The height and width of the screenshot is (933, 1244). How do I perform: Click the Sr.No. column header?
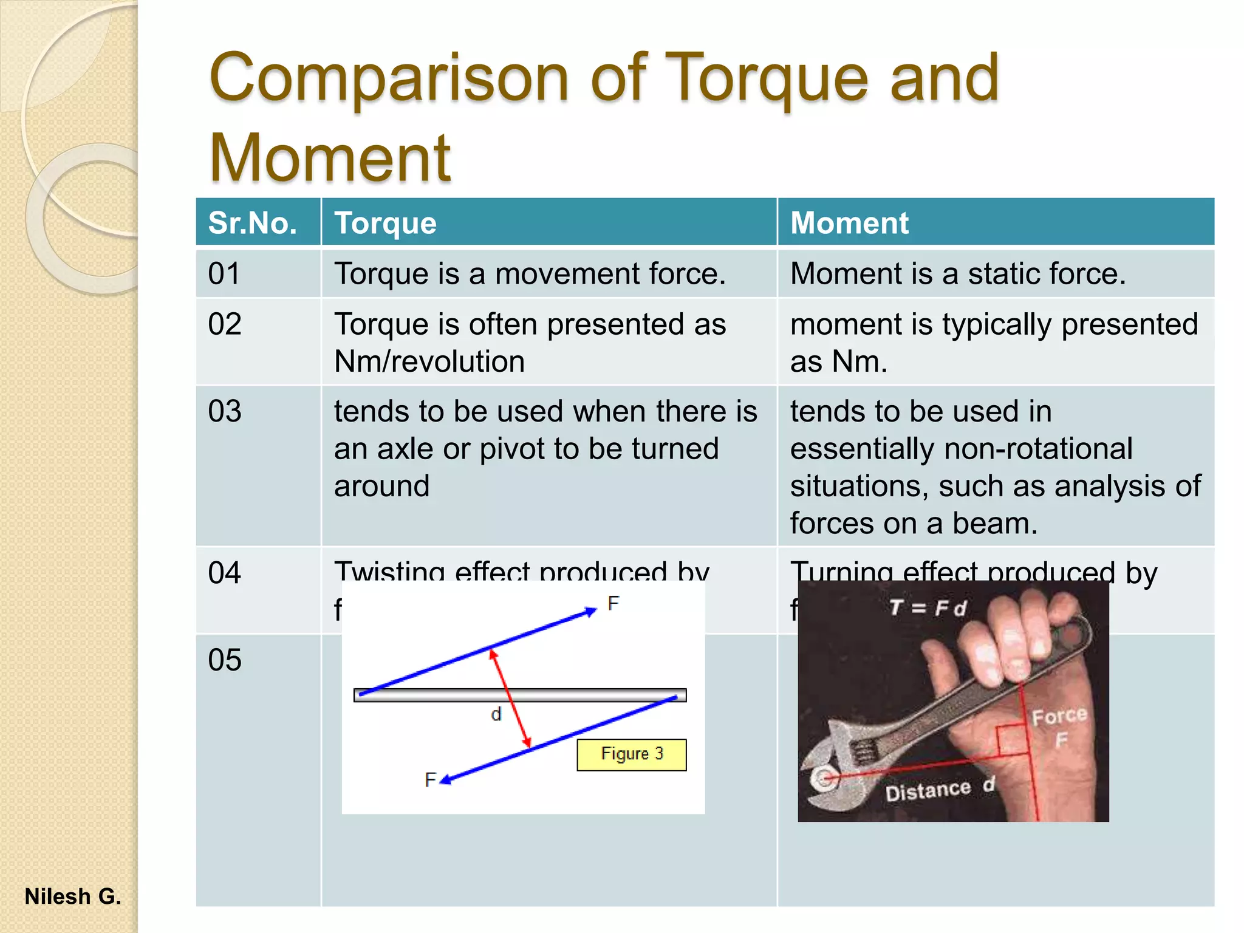252,223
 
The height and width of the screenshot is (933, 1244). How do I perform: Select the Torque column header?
385,223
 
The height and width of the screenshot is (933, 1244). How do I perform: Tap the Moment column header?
849,223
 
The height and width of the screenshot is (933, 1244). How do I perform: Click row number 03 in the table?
225,411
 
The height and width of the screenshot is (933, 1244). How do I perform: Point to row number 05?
225,660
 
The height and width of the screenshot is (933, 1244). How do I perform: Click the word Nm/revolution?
429,362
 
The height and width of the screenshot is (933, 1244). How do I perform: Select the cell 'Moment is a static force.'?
957,274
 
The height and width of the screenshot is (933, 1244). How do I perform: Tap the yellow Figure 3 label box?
631,754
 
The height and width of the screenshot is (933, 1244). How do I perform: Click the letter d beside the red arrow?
496,714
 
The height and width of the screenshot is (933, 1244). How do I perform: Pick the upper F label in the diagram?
613,603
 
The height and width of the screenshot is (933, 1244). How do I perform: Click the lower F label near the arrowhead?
430,779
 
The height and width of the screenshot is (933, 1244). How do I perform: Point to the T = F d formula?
928,607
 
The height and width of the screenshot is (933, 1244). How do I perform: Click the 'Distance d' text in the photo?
939,789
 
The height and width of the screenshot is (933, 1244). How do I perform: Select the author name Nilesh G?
73,897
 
